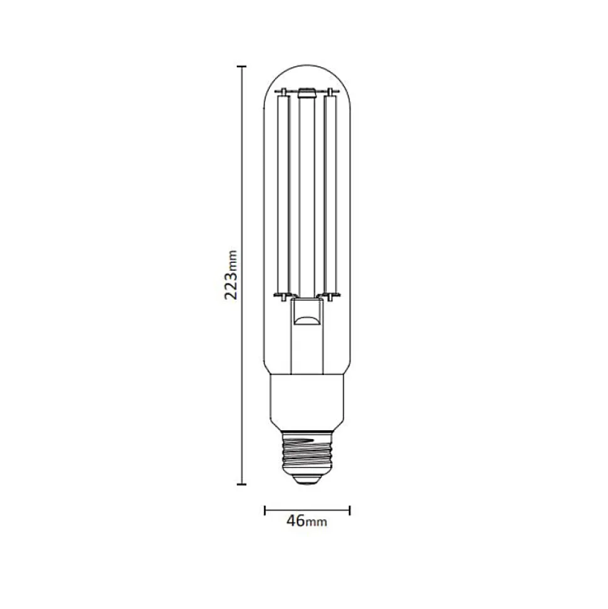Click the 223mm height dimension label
231,275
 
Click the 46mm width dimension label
307,521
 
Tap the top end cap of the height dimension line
241,67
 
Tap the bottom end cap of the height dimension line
241,484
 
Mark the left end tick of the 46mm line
265,511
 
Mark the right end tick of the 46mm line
350,511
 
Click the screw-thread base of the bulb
307,452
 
